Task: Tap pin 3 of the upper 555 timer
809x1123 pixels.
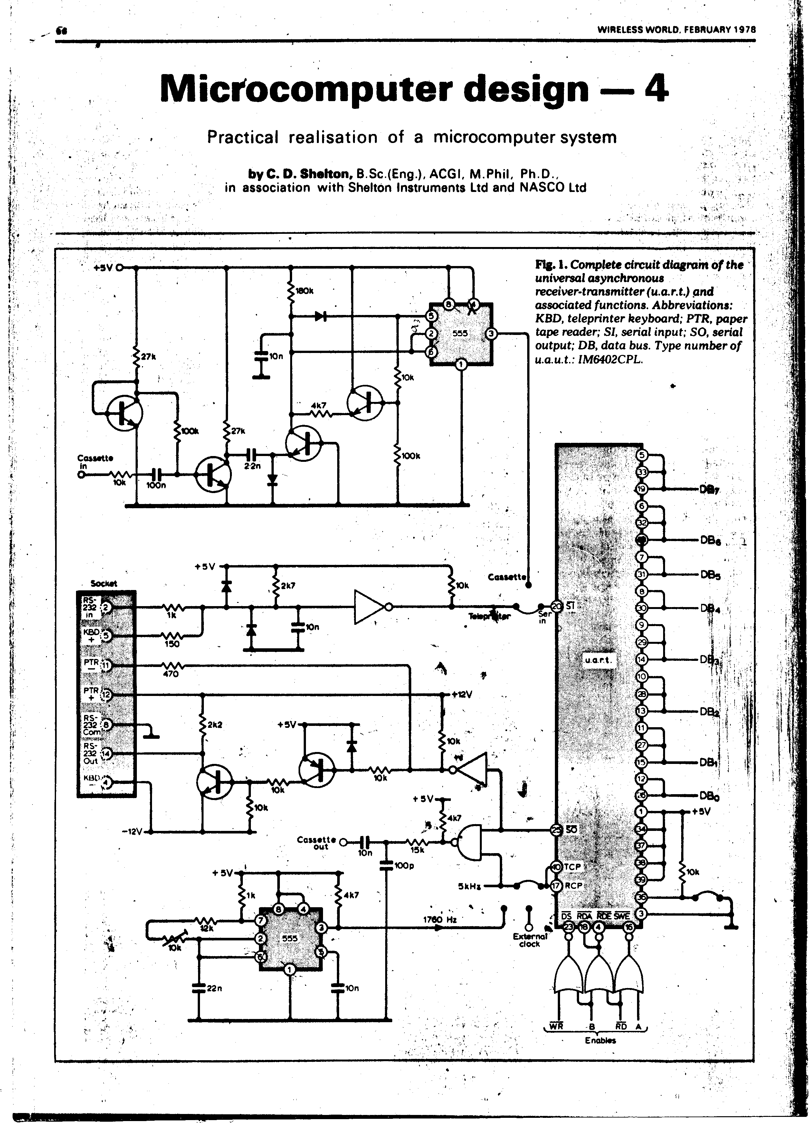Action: tap(490, 334)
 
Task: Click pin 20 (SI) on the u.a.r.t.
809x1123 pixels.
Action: tap(557, 607)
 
